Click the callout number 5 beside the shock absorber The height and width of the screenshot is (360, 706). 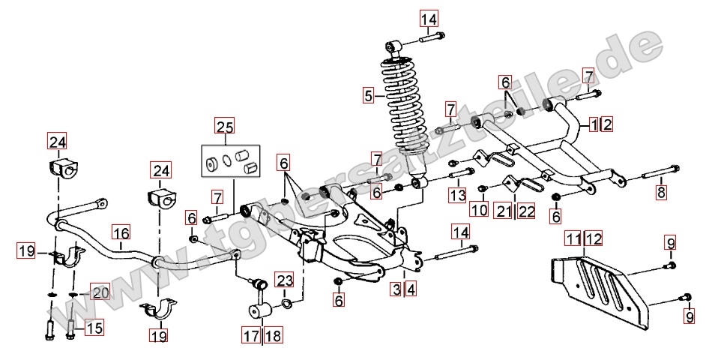[x=368, y=95]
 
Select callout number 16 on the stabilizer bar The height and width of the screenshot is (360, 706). [x=121, y=232]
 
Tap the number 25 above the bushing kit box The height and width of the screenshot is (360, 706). [x=225, y=125]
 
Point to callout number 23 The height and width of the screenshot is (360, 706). [x=284, y=280]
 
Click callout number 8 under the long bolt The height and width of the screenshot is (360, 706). [x=660, y=193]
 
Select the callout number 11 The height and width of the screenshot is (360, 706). [x=573, y=239]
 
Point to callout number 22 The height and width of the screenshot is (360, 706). [x=526, y=211]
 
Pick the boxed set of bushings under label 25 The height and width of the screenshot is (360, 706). [x=229, y=158]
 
